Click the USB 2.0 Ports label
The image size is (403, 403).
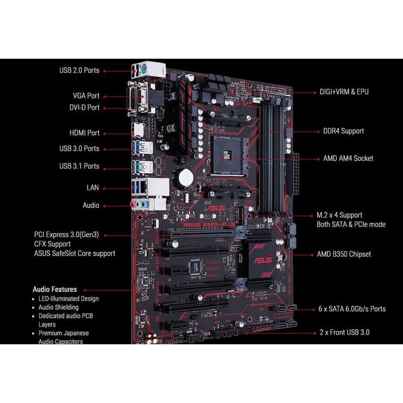(x=79, y=70)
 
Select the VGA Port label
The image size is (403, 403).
(x=86, y=96)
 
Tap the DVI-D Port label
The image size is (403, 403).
(x=85, y=108)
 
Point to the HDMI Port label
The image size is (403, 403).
(x=85, y=133)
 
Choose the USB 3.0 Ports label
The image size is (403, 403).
(x=79, y=149)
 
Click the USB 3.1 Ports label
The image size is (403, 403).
(x=79, y=166)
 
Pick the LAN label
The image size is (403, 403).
(x=92, y=188)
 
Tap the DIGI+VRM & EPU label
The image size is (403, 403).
(x=345, y=92)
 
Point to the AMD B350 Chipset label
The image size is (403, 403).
(x=344, y=254)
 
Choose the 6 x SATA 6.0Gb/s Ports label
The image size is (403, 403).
(x=352, y=309)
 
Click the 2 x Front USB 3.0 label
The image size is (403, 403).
(x=344, y=332)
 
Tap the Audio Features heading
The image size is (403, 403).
(x=55, y=290)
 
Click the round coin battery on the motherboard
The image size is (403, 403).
(x=185, y=177)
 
